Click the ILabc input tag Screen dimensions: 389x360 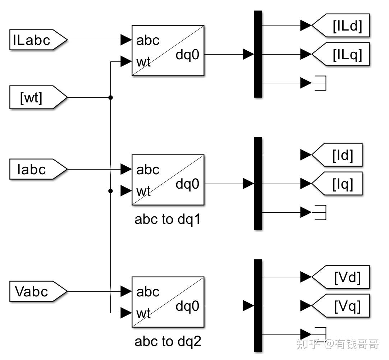click(38, 40)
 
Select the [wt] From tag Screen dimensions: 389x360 click(38, 97)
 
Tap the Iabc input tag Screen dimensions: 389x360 click(38, 169)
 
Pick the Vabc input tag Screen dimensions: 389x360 click(38, 291)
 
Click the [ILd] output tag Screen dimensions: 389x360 click(340, 26)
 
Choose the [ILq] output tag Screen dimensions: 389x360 click(340, 54)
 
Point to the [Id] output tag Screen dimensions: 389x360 click(337, 155)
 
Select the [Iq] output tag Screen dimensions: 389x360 click(337, 184)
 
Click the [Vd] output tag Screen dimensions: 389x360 click(340, 277)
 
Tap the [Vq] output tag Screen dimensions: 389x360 click(340, 306)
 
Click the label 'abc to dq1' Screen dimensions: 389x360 click(168, 220)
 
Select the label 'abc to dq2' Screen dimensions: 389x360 click(168, 342)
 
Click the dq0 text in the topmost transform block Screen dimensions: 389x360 click(187, 55)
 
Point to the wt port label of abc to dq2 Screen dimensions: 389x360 click(143, 313)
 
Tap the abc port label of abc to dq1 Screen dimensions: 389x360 click(148, 170)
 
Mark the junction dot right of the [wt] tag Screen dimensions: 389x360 click(111, 97)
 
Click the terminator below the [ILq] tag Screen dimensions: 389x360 click(320, 83)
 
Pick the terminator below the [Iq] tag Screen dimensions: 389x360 click(320, 212)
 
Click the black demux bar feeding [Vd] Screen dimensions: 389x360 click(258, 306)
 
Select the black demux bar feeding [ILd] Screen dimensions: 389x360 click(258, 54)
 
